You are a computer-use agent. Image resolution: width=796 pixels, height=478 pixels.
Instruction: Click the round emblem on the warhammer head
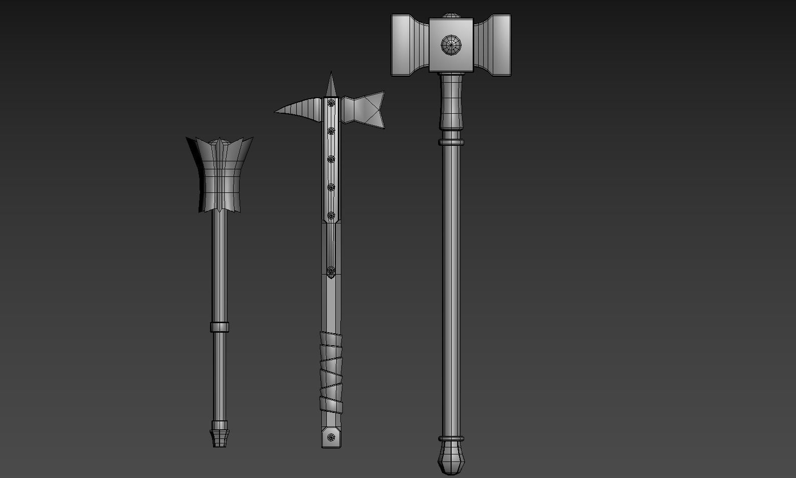[x=451, y=45]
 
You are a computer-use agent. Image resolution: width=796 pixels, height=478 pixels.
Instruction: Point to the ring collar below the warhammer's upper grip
[x=451, y=142]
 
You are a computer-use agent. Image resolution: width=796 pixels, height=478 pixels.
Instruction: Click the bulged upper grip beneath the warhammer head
[x=451, y=100]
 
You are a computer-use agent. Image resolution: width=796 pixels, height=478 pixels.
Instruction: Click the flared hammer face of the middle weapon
[x=368, y=109]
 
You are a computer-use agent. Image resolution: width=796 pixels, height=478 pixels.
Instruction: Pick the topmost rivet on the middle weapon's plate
[x=331, y=103]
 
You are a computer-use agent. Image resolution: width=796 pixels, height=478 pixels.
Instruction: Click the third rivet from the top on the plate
[x=331, y=159]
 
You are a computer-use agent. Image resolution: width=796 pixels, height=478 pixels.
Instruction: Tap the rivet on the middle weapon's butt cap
[x=331, y=437]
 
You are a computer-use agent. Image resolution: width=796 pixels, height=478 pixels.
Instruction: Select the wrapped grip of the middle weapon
[x=331, y=371]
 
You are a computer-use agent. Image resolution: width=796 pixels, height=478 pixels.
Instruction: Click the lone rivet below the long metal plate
[x=331, y=271]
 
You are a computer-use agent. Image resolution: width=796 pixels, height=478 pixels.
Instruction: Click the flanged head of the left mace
[x=220, y=173]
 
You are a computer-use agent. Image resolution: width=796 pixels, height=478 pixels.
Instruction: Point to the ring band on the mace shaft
[x=220, y=327]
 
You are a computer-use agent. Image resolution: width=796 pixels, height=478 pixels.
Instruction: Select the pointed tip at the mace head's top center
[x=220, y=141]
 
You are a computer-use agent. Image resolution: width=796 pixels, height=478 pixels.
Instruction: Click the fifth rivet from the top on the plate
[x=331, y=215]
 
